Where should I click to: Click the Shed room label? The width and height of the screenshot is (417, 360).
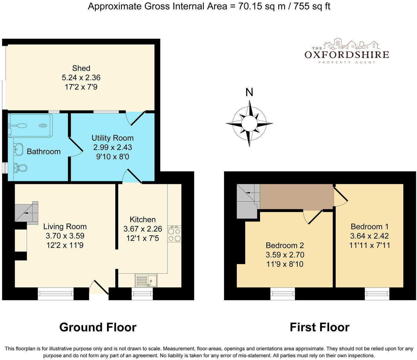(81, 68)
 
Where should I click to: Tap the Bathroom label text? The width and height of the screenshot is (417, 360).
(44, 151)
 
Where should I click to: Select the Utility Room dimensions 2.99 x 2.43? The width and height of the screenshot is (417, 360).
(112, 147)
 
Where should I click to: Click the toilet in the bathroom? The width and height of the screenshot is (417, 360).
(20, 168)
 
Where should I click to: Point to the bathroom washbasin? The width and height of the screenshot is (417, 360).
(18, 149)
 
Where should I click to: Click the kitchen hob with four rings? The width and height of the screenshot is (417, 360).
(174, 234)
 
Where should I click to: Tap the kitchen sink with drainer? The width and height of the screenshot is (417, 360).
(146, 280)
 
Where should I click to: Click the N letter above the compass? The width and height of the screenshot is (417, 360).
(249, 92)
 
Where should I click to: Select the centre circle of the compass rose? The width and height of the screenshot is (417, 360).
(249, 123)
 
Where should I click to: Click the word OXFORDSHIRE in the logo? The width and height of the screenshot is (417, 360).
(347, 55)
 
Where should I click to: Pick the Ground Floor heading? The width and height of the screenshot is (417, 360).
(98, 327)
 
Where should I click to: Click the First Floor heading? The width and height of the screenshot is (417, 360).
(319, 327)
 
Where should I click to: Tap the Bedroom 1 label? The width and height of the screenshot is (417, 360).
(369, 226)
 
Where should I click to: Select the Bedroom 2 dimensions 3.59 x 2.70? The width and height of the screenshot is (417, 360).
(285, 255)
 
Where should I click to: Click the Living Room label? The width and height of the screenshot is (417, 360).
(65, 226)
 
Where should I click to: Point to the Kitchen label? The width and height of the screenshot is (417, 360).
(142, 219)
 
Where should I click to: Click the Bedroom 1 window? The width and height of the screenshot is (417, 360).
(377, 294)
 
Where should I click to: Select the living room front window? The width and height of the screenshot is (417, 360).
(56, 294)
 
